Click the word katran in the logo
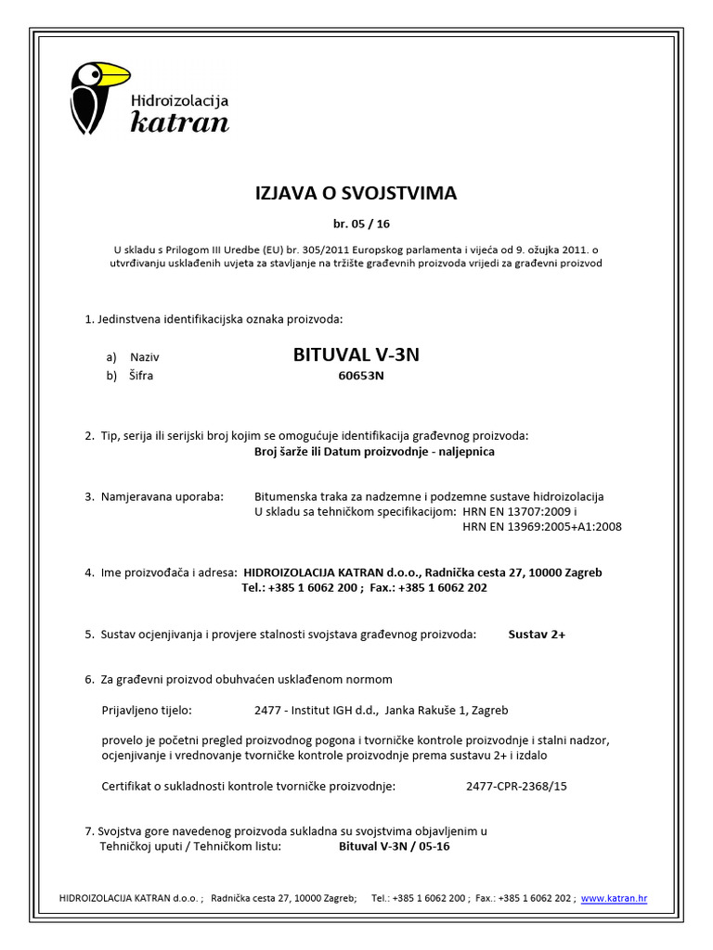[x=179, y=121]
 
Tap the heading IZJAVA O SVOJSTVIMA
[x=356, y=193]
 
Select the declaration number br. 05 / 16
[x=356, y=224]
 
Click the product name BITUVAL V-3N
[x=356, y=354]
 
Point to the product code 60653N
[x=360, y=376]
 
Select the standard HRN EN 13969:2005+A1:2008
[x=542, y=527]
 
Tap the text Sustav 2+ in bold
[x=537, y=635]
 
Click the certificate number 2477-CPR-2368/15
[x=516, y=786]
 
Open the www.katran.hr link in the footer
[x=614, y=898]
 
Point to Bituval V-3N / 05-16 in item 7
[x=395, y=846]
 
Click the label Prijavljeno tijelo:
[x=146, y=711]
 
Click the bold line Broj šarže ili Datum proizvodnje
[x=374, y=452]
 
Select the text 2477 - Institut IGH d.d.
[x=316, y=711]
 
